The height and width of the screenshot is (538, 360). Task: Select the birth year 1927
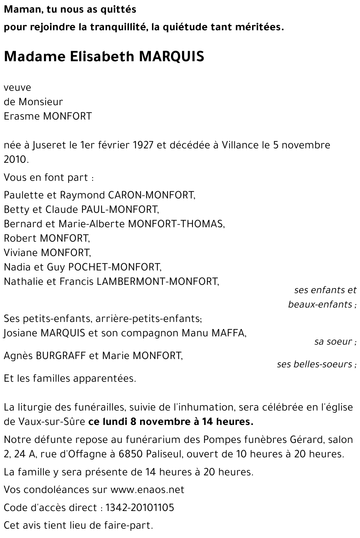coord(143,145)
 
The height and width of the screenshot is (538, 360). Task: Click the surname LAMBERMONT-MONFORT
coord(158,282)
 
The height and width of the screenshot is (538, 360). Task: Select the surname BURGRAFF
coord(61,356)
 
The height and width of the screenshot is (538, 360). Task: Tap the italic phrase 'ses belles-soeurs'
coord(314,364)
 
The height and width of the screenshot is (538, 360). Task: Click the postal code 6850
coord(131,454)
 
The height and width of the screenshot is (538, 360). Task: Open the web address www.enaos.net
coord(147,490)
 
